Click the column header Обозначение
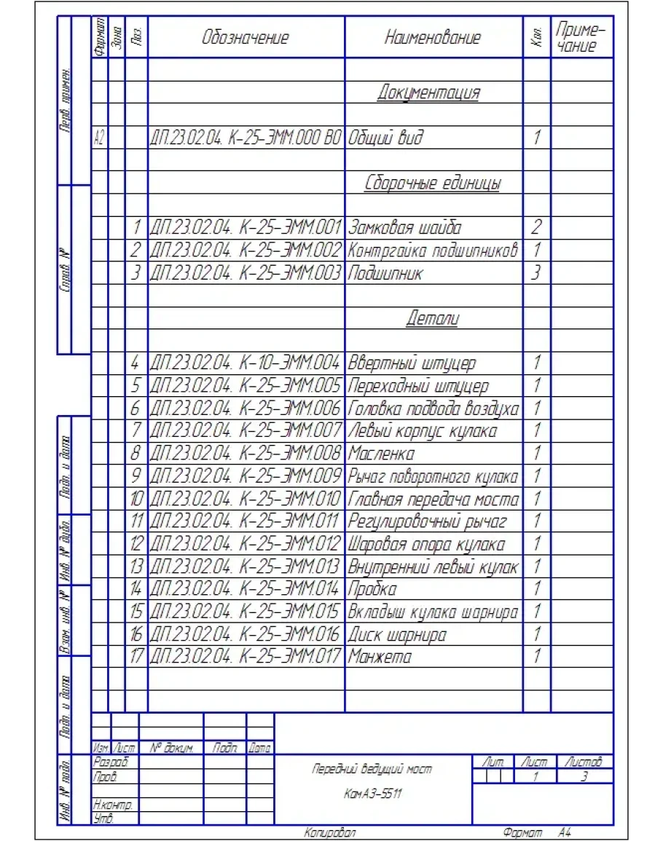[246, 38]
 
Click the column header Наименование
[433, 38]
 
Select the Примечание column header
[581, 38]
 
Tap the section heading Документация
[429, 92]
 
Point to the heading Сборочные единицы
[433, 183]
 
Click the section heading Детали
[432, 319]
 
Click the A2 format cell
[100, 138]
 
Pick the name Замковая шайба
[405, 228]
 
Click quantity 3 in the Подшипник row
[535, 273]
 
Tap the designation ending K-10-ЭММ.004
[246, 363]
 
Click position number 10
[136, 500]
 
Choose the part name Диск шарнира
[397, 634]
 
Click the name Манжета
[380, 657]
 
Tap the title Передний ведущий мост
[372, 769]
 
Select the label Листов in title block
[582, 762]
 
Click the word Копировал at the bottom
[329, 832]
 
